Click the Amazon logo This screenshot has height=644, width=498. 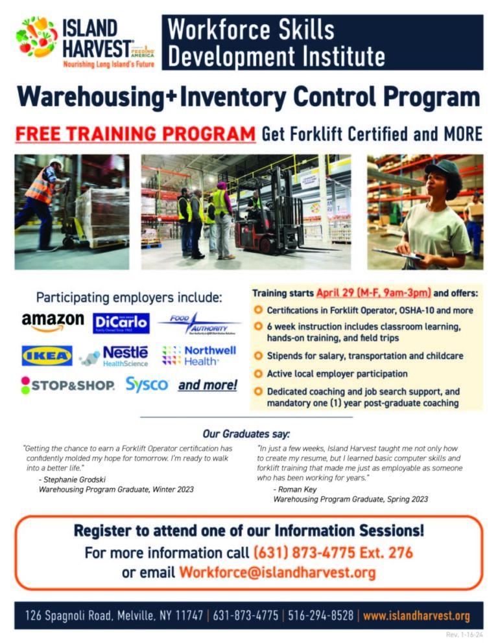coord(53,322)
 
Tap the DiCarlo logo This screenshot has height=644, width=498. coord(121,323)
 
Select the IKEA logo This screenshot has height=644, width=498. coord(47,355)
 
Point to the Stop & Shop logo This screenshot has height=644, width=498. coord(68,385)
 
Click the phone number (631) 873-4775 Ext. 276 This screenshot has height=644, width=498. coord(333,553)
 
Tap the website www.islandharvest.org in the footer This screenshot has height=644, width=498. coord(416,615)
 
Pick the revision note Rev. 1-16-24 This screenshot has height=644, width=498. coord(464,635)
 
